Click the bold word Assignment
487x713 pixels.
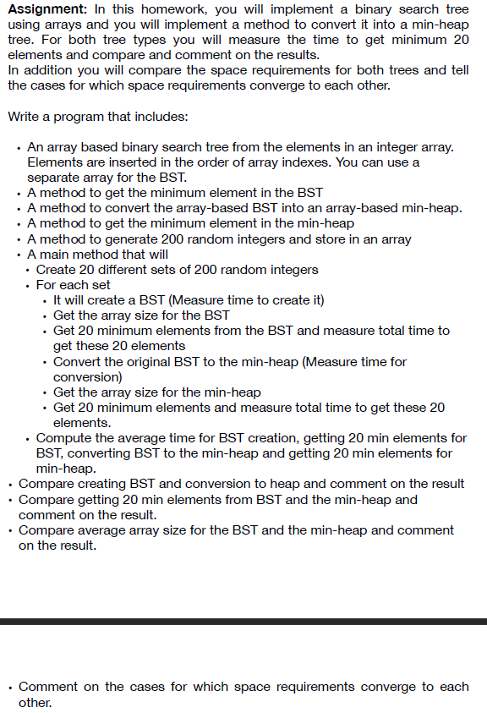(44, 9)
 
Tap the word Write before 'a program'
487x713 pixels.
(25, 116)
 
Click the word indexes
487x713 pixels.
(338, 162)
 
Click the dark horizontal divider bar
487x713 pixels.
(243, 622)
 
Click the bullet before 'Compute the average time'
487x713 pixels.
(28, 439)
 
